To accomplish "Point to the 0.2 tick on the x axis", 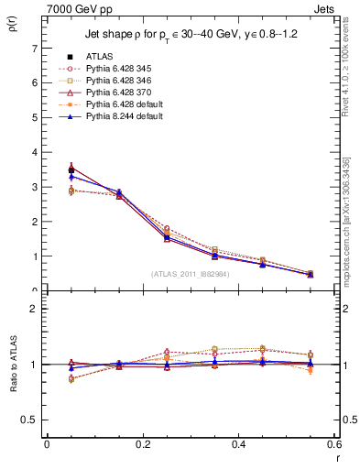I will coord(142,444).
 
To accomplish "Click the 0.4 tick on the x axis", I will coord(239,444).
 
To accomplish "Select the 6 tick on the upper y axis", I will coord(35,82).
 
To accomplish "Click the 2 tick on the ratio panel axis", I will coord(35,309).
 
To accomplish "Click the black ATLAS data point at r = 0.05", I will coord(71,169).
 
